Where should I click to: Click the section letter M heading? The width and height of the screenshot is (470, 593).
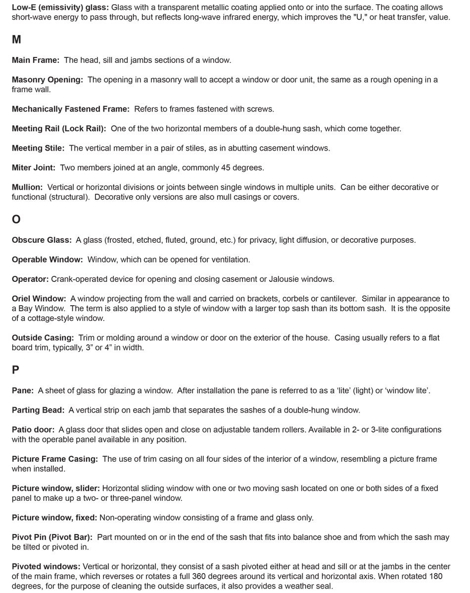point(16,40)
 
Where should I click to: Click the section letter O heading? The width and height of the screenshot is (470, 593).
point(16,219)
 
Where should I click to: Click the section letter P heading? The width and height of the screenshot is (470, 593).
point(16,370)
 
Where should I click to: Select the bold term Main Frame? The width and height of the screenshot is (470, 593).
point(35,60)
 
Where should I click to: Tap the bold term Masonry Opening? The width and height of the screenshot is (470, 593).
point(47,80)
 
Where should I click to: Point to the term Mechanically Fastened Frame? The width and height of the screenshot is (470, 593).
point(70,109)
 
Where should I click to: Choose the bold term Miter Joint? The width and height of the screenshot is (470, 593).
point(33,168)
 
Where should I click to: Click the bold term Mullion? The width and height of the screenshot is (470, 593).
point(27,187)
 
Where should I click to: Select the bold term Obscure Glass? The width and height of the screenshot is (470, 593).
point(42,240)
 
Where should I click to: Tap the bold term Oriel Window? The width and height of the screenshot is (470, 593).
point(39,299)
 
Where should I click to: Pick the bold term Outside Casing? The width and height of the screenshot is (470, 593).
point(43,338)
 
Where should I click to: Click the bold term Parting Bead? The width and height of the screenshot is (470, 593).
point(38,410)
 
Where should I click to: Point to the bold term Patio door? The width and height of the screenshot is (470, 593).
point(33,430)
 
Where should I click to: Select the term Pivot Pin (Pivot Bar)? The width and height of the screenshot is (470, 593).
point(52,537)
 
